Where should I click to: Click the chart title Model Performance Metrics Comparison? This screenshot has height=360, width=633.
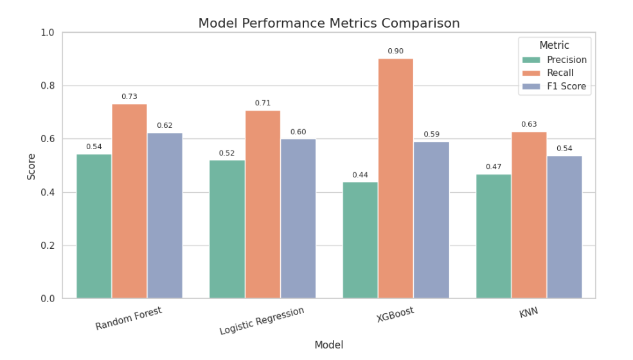[x=328, y=23]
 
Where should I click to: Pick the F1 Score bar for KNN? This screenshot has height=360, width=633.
[x=564, y=228]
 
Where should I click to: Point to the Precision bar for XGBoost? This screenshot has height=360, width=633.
[x=360, y=240]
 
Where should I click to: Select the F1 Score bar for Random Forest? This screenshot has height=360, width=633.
[x=165, y=216]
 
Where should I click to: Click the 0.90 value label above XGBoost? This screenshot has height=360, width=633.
[x=395, y=51]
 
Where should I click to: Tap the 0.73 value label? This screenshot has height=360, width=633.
[x=129, y=96]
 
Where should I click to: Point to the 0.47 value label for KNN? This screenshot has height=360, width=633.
[x=494, y=166]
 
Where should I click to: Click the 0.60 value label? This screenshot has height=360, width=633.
[x=298, y=132]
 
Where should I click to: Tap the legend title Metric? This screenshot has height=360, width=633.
[x=554, y=46]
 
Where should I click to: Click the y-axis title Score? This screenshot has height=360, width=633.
[x=31, y=165]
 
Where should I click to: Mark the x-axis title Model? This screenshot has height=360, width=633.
[x=328, y=345]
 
